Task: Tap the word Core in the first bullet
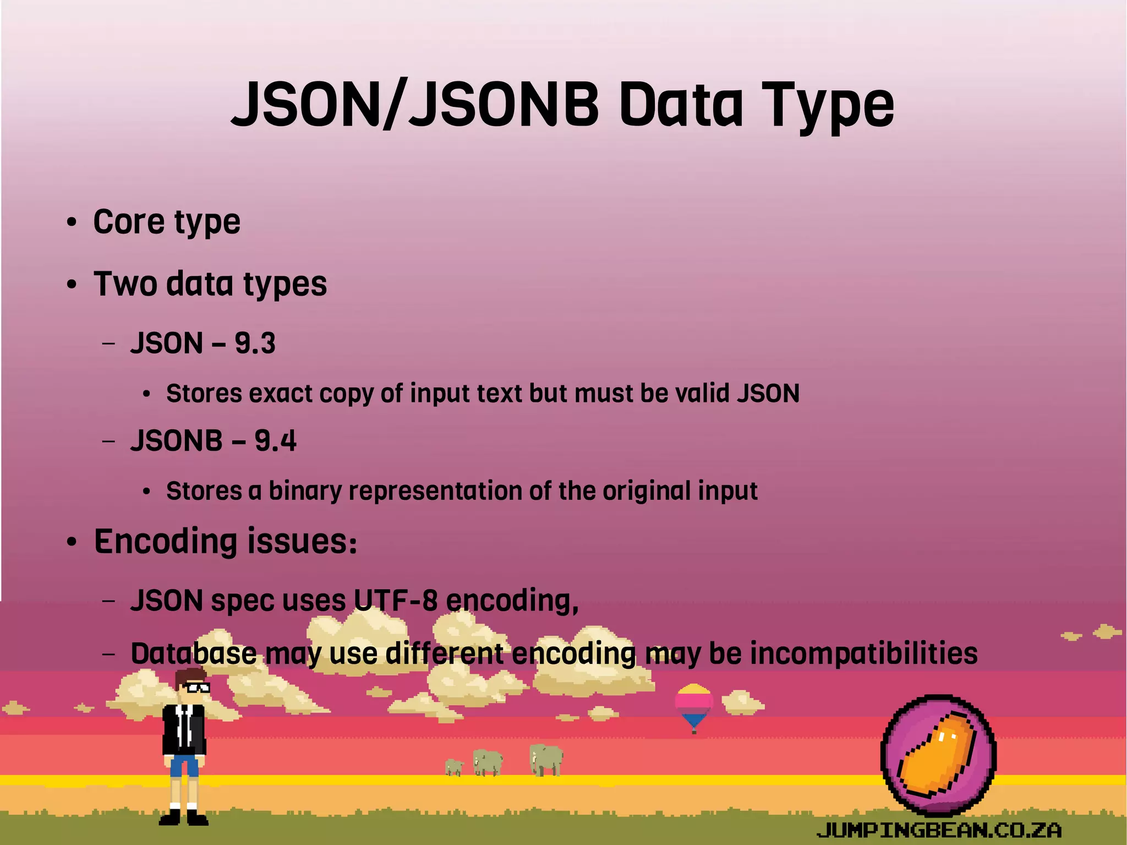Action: pos(129,221)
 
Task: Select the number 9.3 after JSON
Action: pos(255,343)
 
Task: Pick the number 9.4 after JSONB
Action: pos(275,440)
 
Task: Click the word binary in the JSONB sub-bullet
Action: pos(305,491)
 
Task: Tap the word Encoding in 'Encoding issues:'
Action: pos(165,541)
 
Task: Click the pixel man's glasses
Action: pos(195,687)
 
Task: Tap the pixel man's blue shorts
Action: pos(184,766)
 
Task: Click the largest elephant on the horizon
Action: pos(546,760)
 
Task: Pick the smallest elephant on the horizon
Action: pos(454,767)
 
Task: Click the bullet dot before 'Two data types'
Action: pos(72,285)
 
